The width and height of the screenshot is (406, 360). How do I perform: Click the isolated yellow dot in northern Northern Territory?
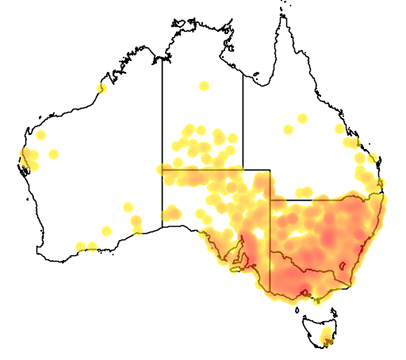(x=204, y=86)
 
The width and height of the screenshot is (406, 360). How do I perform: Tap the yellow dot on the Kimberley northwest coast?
(x=101, y=88)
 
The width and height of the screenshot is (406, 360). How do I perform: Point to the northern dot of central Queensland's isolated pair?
(x=301, y=119)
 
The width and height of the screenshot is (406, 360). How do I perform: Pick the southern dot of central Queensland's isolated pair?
(x=289, y=129)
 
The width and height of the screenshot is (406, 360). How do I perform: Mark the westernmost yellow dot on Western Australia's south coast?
(x=79, y=247)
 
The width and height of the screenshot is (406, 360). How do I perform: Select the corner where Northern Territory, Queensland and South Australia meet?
(x=243, y=170)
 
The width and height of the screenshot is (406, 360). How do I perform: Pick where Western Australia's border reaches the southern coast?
(x=163, y=227)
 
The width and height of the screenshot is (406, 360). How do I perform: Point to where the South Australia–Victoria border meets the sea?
(x=270, y=294)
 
